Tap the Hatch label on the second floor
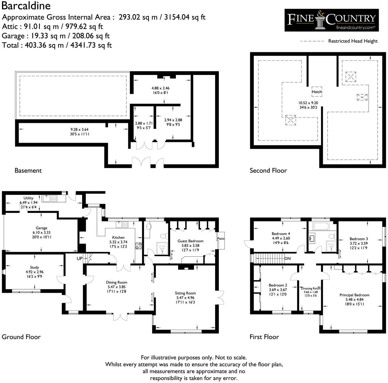point(317,92)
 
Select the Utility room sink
point(50,198)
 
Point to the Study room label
point(34,267)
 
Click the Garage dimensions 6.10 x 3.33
point(42,232)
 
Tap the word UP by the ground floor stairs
point(79,258)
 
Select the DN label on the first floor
point(287,258)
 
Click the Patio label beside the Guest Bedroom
point(221,239)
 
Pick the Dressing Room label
point(311,288)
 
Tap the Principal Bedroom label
point(354,295)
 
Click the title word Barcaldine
point(26,6)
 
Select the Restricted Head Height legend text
point(353,41)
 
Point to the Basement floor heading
point(28,170)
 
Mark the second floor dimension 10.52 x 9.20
point(308,103)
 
